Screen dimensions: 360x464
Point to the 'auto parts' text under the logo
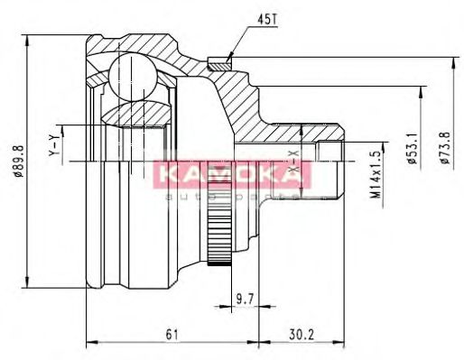click(x=233, y=193)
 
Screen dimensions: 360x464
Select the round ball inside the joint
click(x=132, y=74)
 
